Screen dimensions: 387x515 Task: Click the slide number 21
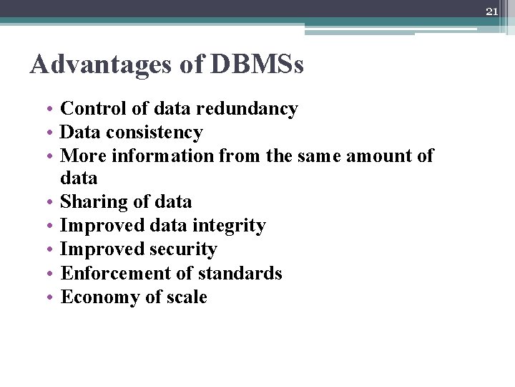(491, 11)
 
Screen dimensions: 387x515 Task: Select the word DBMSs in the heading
(257, 65)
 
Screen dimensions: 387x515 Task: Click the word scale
(185, 297)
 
